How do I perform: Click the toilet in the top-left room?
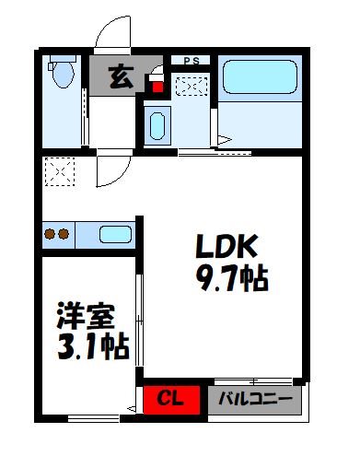pyautogui.click(x=63, y=73)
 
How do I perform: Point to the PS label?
pyautogui.click(x=191, y=61)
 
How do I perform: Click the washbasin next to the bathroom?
pyautogui.click(x=156, y=123)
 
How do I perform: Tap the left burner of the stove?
pyautogui.click(x=50, y=234)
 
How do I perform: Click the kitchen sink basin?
pyautogui.click(x=115, y=234)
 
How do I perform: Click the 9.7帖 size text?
pyautogui.click(x=229, y=277)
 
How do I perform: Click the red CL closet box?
pyautogui.click(x=168, y=400)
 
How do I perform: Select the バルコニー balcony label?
pyautogui.click(x=256, y=400)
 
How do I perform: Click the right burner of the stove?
pyautogui.click(x=64, y=234)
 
